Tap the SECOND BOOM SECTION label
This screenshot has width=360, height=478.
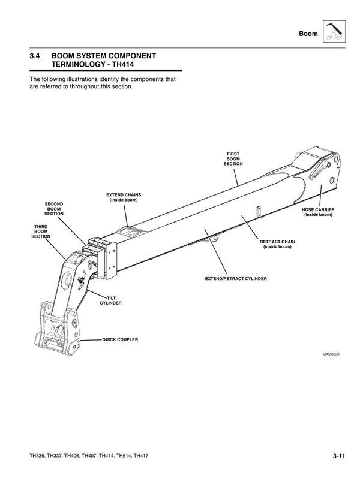(x=54, y=209)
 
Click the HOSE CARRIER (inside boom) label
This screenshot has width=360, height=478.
(x=317, y=212)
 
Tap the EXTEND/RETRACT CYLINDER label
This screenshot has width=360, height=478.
(x=236, y=279)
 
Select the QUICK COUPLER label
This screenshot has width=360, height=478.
(x=120, y=339)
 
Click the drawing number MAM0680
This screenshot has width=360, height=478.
(x=331, y=354)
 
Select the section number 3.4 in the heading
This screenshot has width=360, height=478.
(x=35, y=56)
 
